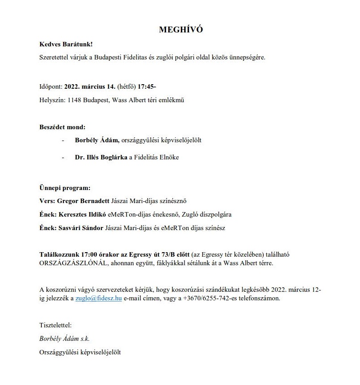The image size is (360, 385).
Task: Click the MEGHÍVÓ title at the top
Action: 181,30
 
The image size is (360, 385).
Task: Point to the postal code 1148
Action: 74,100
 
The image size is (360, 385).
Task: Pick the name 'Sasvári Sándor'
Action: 81,228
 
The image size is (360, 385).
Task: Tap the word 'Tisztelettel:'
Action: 55,324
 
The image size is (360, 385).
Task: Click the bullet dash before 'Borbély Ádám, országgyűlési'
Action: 63,140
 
